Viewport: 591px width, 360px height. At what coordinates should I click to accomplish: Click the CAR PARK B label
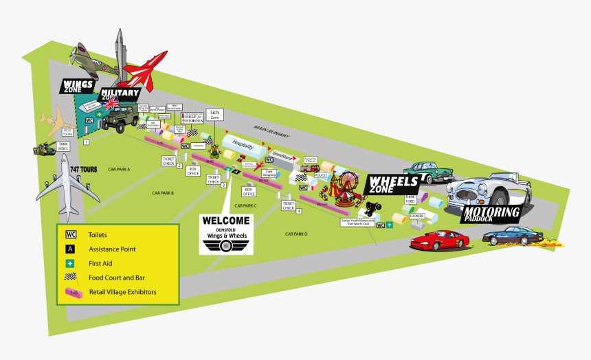(163, 193)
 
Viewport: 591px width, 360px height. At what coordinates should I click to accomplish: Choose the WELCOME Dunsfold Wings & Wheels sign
(226, 233)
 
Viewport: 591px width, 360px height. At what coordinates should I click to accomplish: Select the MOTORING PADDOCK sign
(491, 214)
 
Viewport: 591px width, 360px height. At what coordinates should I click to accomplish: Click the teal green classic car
(428, 172)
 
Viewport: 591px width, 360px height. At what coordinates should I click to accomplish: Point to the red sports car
(440, 238)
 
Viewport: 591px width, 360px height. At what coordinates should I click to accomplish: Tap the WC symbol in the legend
(71, 234)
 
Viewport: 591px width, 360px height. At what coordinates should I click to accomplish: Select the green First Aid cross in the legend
(71, 263)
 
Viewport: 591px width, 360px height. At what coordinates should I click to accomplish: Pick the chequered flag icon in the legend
(71, 278)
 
